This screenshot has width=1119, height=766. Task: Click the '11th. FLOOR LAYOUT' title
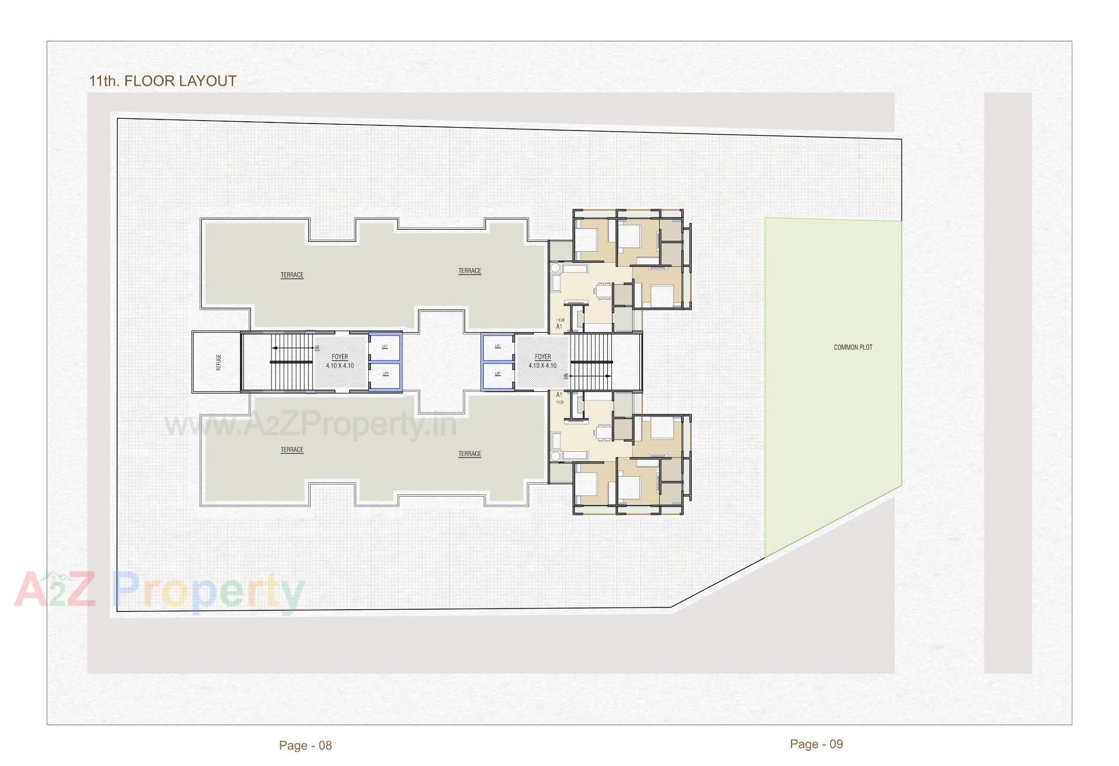163,81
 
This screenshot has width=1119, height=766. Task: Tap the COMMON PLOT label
853,347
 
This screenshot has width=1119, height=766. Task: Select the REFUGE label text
219,362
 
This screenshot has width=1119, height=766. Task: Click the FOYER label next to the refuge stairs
340,357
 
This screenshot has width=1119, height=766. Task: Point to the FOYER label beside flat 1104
543,357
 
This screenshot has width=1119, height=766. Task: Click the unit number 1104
560,320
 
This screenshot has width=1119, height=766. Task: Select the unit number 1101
560,402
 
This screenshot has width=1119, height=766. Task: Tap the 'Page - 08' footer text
305,745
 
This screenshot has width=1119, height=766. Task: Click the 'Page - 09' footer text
816,744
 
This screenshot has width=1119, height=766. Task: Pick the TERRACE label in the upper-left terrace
292,275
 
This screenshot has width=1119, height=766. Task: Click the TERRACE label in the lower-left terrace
292,449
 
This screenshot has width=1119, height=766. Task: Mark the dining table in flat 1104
603,290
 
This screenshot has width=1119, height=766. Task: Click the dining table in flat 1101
603,433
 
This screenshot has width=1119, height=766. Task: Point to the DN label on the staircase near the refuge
318,348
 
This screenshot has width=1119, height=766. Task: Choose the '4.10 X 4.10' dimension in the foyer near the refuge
340,366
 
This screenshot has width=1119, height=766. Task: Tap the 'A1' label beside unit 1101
559,395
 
